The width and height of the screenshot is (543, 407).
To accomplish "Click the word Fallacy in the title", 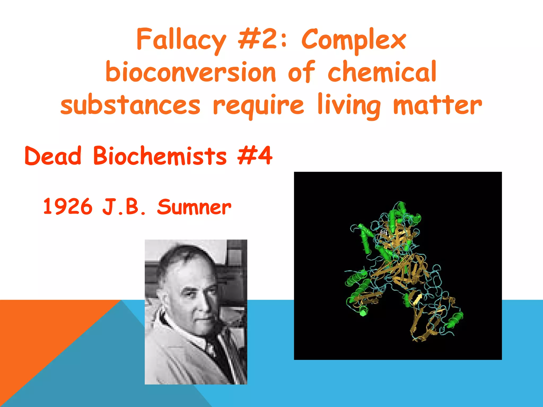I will tap(181, 40).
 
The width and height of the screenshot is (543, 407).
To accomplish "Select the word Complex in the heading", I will tap(354, 40).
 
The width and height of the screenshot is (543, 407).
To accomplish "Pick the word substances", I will tap(130, 105).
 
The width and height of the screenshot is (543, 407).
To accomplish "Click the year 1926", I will tap(68, 207).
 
